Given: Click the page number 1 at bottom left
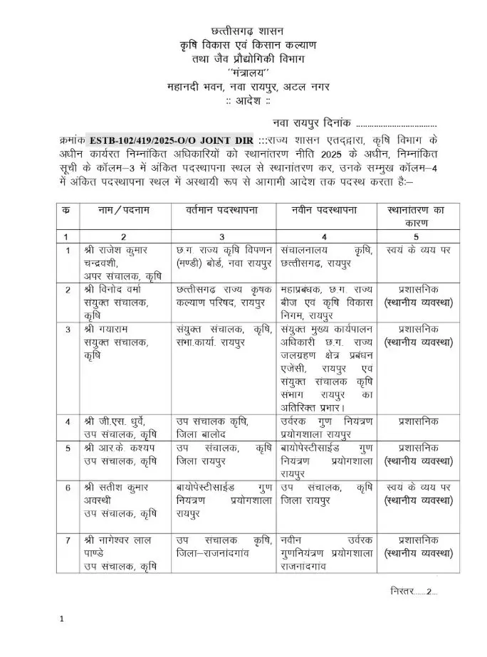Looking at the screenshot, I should tap(63, 619).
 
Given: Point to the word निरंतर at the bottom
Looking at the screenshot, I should tap(406, 591).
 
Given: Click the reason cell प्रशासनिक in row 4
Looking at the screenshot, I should tap(417, 421).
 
